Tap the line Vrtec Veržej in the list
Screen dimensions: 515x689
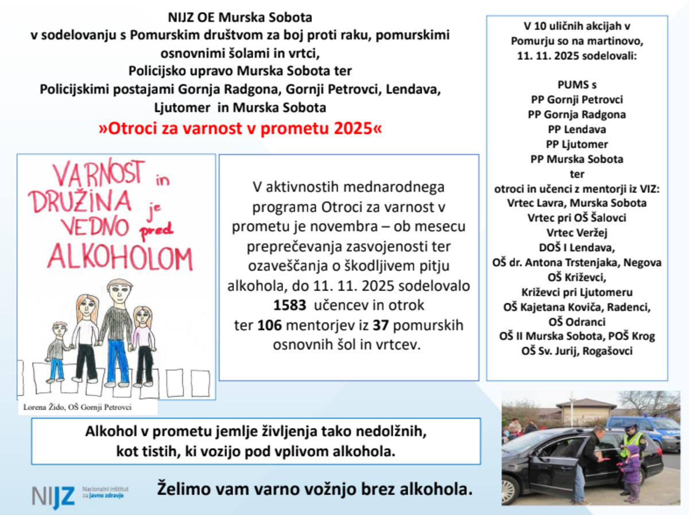576,233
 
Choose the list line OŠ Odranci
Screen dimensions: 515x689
576,322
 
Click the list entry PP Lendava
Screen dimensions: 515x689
576,129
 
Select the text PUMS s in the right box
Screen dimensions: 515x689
576,84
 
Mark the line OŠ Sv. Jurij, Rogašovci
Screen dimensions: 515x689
576,351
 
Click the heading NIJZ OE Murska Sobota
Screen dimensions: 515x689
240,17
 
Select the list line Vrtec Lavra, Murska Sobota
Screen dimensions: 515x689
576,203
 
